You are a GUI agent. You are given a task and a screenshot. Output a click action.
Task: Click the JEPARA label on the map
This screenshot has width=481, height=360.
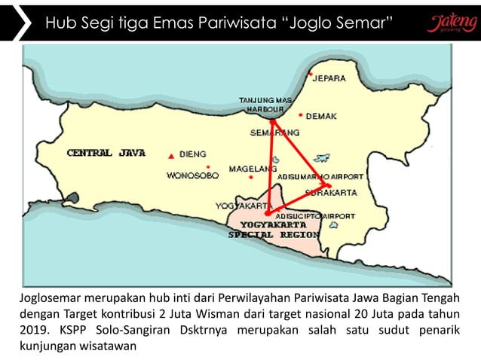(x=329, y=78)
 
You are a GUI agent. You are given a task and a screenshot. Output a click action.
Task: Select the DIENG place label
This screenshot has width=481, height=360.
(x=193, y=154)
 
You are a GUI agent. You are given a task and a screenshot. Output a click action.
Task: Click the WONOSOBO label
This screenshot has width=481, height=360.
(x=191, y=175)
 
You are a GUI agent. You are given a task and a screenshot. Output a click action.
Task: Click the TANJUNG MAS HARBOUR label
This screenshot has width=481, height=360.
(x=265, y=105)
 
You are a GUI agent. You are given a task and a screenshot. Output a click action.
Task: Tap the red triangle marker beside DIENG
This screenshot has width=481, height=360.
(x=172, y=155)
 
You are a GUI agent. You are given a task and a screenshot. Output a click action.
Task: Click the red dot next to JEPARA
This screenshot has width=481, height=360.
(x=310, y=75)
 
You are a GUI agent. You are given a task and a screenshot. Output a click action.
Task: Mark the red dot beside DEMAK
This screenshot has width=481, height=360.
(x=301, y=116)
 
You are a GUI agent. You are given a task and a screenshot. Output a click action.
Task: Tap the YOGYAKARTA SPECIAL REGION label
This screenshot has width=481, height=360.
(x=274, y=230)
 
